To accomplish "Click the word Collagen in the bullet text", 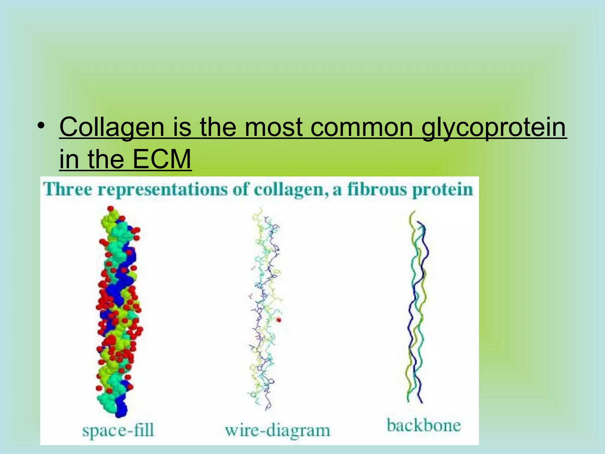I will click(112, 127).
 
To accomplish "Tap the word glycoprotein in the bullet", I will click(493, 128).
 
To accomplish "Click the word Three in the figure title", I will click(68, 189).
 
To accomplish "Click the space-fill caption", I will click(118, 430).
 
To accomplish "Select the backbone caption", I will click(424, 426).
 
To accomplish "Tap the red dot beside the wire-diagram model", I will click(279, 320).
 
